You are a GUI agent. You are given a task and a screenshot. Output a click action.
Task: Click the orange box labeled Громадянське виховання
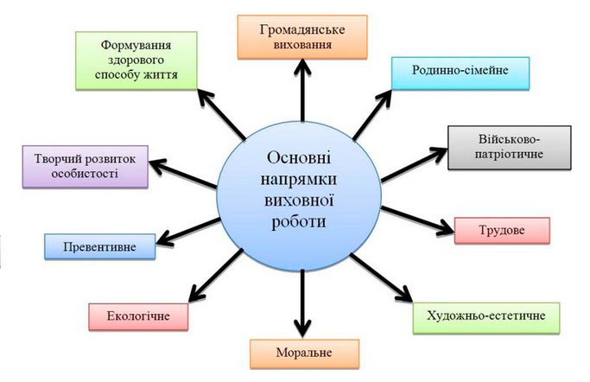tap(302, 37)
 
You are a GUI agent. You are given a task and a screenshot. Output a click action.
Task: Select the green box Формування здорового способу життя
tap(136, 60)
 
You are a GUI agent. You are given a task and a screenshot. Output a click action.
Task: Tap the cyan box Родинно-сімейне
tap(460, 73)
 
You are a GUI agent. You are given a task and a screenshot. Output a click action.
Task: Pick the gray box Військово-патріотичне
tap(509, 148)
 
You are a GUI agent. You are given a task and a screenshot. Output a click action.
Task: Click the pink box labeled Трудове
tap(502, 231)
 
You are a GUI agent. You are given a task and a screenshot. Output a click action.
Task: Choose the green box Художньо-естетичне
tap(486, 318)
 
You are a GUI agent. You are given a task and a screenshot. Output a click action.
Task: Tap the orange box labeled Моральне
tap(304, 353)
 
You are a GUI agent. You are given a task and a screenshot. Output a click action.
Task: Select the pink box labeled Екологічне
tap(138, 317)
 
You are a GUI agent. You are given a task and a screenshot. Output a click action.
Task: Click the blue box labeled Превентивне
tap(99, 246)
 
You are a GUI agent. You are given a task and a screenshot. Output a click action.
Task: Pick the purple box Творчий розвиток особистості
tap(85, 167)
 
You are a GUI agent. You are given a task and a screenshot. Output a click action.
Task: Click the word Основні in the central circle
tap(299, 157)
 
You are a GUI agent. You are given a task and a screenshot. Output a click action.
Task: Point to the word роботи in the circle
tap(299, 221)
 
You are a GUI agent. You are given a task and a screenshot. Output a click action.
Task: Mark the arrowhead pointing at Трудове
tap(447, 227)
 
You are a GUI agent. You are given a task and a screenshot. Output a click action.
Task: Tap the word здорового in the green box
tap(136, 60)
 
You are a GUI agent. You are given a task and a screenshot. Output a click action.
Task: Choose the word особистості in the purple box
tap(85, 174)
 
